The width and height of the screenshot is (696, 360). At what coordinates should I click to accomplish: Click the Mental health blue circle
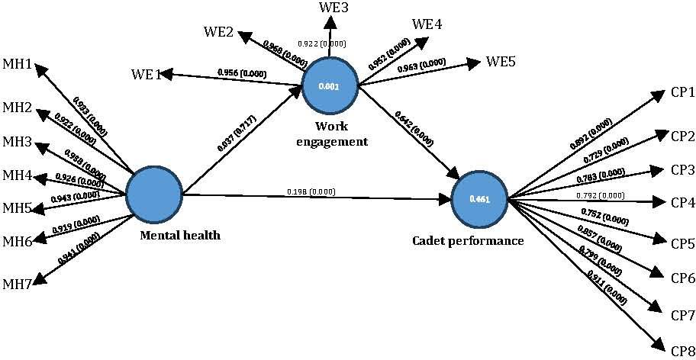tap(153, 196)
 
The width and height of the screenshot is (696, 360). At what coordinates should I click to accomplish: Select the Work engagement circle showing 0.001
tap(330, 86)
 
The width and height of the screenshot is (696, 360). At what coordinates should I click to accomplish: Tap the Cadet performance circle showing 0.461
tap(480, 200)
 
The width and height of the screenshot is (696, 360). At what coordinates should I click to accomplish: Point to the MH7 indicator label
tap(18, 285)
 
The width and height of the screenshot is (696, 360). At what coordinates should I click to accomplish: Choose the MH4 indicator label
tap(18, 176)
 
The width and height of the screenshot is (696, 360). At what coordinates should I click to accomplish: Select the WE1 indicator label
tap(147, 76)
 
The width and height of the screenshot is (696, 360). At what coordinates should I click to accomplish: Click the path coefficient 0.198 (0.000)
tap(310, 191)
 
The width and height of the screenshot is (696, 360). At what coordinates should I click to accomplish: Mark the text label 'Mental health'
tap(180, 235)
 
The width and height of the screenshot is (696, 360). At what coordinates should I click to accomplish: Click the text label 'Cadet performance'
tap(468, 241)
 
